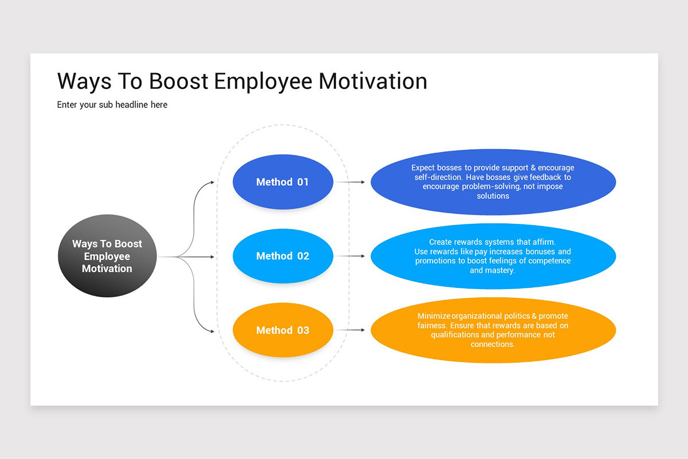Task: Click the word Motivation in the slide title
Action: click(x=373, y=81)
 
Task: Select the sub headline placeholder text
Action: click(x=112, y=105)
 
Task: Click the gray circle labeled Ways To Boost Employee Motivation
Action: click(x=107, y=256)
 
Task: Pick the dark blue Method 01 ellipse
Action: click(x=283, y=182)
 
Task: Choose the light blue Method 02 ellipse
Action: click(x=283, y=256)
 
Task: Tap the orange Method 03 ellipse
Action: click(x=283, y=330)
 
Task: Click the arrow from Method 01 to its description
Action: click(x=350, y=182)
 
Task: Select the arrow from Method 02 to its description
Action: click(x=350, y=256)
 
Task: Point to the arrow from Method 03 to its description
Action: click(x=350, y=330)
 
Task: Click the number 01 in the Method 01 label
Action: click(x=302, y=182)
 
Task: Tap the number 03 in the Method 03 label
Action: click(x=302, y=330)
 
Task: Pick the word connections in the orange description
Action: click(x=492, y=344)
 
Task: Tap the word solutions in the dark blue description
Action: click(x=493, y=196)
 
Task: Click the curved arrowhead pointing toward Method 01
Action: click(x=212, y=182)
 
